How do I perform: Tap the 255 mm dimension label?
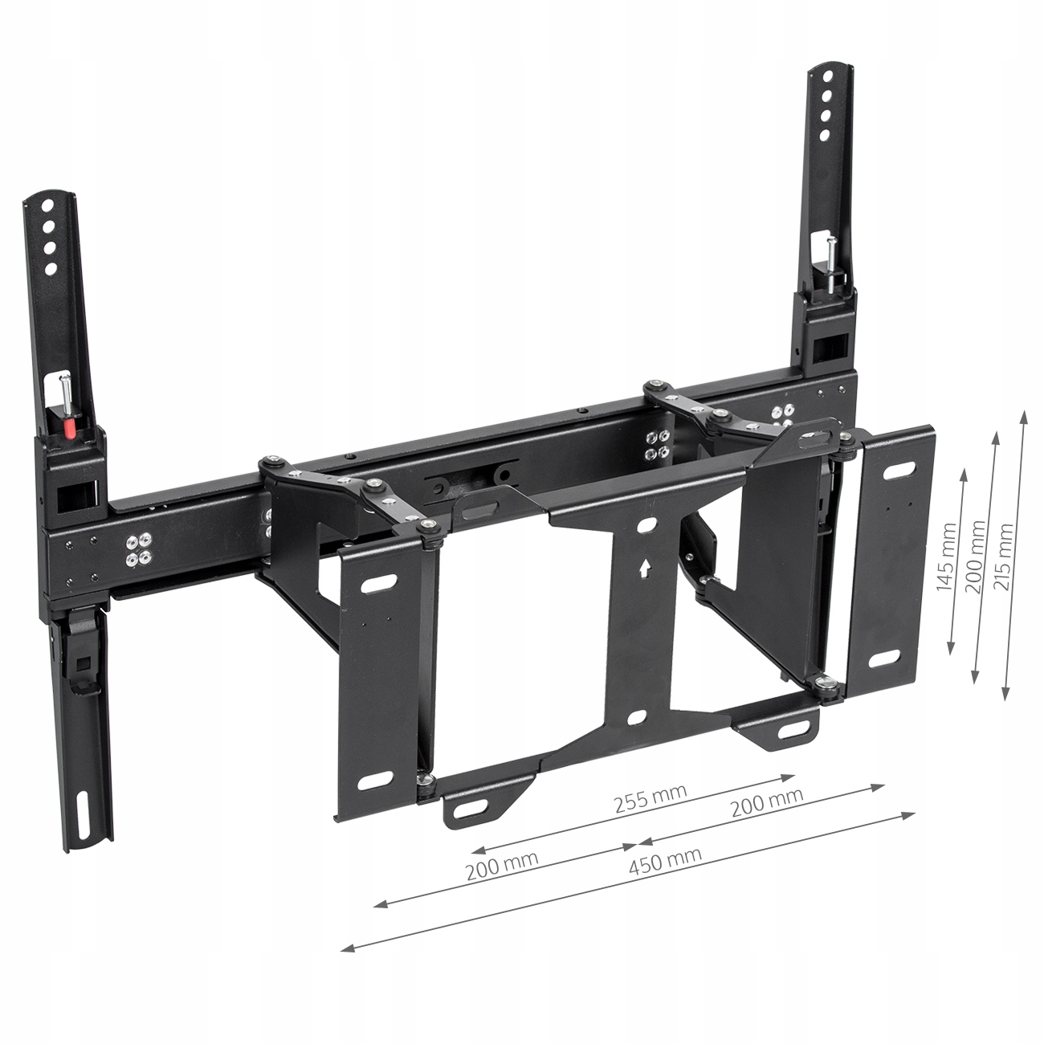650,798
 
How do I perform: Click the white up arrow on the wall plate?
644,569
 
